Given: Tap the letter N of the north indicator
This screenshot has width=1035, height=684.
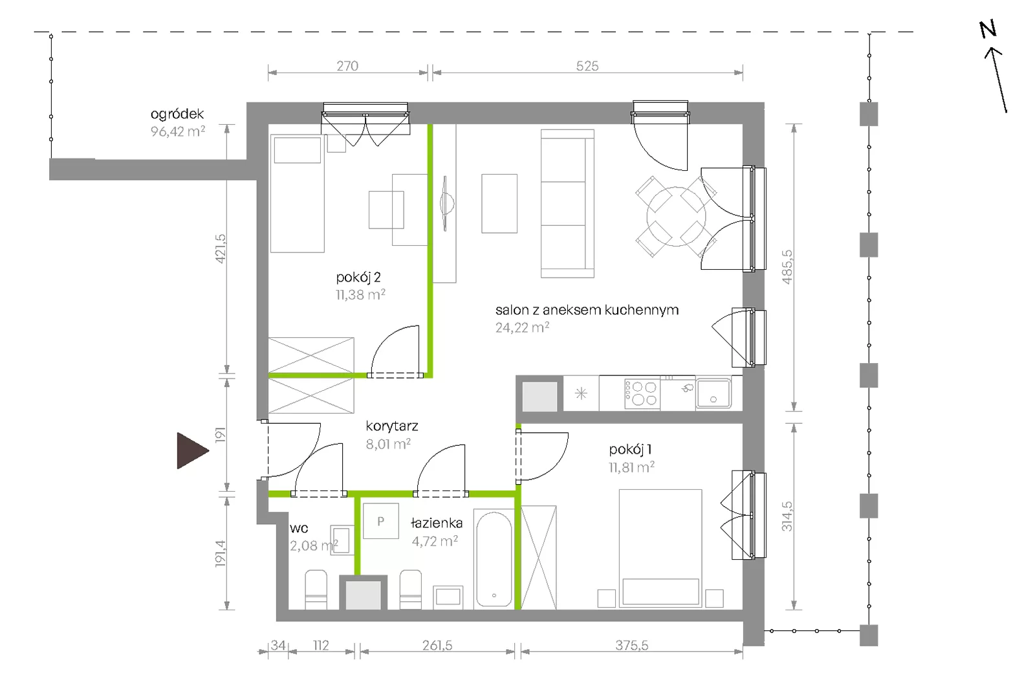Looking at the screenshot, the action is pyautogui.click(x=988, y=30).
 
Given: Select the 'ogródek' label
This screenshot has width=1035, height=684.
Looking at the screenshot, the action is pyautogui.click(x=177, y=114).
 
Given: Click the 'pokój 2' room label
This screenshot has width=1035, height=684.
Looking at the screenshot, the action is pyautogui.click(x=358, y=278).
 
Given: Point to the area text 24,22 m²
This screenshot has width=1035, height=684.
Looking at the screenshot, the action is pyautogui.click(x=522, y=327).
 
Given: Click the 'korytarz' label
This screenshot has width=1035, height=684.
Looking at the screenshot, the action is pyautogui.click(x=392, y=426).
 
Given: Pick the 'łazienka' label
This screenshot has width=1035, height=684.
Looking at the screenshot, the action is pyautogui.click(x=437, y=523).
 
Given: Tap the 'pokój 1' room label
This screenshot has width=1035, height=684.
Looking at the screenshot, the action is pyautogui.click(x=630, y=449).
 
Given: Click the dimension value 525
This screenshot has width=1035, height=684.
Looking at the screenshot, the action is pyautogui.click(x=587, y=66).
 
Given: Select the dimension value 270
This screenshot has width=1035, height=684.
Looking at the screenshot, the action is pyautogui.click(x=347, y=66).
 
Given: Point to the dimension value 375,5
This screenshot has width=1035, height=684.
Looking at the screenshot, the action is pyautogui.click(x=631, y=645).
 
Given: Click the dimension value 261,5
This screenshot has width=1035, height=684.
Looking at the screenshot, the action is pyautogui.click(x=437, y=645).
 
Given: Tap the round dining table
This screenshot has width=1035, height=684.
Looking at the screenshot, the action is pyautogui.click(x=676, y=216).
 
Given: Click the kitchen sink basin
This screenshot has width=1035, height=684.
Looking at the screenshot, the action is pyautogui.click(x=714, y=393).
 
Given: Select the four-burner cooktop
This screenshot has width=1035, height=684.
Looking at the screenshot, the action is pyautogui.click(x=642, y=393).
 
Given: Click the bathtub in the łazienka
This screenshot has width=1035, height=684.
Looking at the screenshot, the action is pyautogui.click(x=494, y=558).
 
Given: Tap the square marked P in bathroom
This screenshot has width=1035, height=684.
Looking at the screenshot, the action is pyautogui.click(x=381, y=521).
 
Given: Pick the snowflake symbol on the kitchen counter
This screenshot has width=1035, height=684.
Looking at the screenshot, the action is pyautogui.click(x=581, y=393).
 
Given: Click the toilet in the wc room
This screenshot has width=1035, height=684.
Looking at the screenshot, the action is pyautogui.click(x=316, y=590).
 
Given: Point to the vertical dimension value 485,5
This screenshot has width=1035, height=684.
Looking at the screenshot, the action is pyautogui.click(x=787, y=267).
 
